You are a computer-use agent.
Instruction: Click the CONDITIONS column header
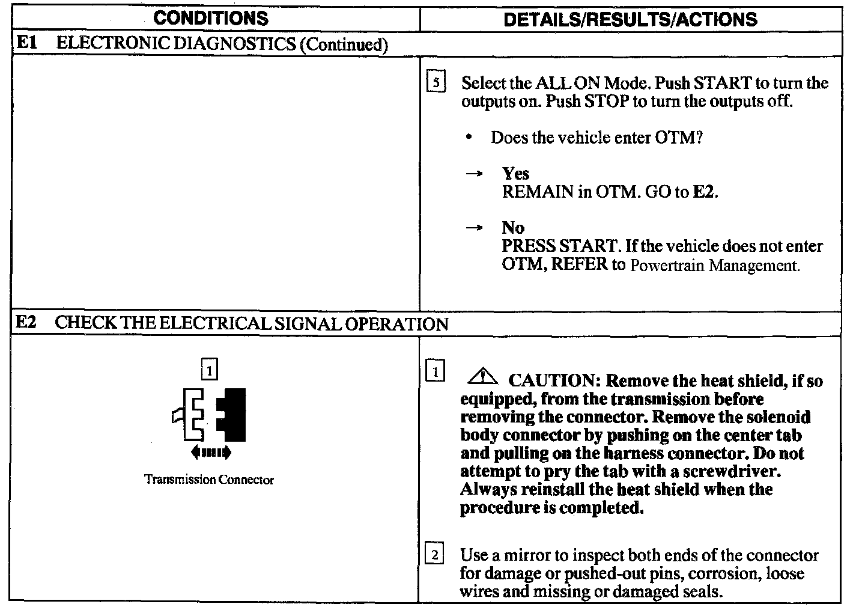pos(211,18)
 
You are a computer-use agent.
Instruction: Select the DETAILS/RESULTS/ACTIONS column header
pos(630,19)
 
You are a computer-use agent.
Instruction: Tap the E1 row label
pos(25,43)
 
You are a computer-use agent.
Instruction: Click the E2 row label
pos(25,323)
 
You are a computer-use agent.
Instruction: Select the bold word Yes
pos(515,174)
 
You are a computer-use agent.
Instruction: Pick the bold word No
pos(513,228)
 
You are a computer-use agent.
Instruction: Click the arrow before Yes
pos(474,174)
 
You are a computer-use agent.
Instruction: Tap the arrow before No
pos(474,228)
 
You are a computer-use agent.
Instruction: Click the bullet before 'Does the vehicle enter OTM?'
pos(469,138)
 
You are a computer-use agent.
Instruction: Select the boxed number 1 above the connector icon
pos(209,370)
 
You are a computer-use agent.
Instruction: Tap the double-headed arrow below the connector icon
pos(210,452)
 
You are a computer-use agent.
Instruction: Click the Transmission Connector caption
pos(209,480)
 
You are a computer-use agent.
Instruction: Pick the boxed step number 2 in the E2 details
pos(434,553)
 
